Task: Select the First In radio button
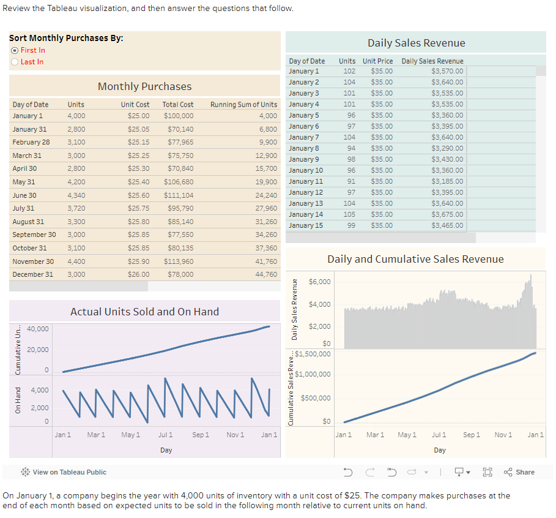15,50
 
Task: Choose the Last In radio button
15,62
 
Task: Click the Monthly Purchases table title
144,86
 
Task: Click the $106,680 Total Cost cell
179,182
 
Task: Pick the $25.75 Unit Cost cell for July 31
139,208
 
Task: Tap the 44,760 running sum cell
266,274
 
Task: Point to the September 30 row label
34,235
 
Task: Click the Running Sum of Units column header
243,105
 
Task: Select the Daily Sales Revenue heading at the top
416,43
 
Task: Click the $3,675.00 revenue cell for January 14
447,214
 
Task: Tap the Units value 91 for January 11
350,181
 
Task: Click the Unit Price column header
377,61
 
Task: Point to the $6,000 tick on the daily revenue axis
320,282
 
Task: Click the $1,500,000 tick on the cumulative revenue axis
313,354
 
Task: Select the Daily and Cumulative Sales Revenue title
415,259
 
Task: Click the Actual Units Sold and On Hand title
144,312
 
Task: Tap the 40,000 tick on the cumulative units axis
38,329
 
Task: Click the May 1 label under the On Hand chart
131,435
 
